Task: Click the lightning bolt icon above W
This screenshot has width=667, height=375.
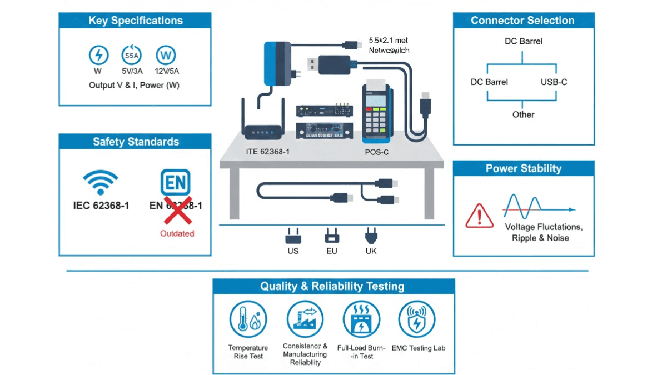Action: pos(98,55)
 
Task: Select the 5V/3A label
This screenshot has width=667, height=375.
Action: pos(131,71)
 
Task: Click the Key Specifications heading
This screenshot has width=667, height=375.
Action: pos(135,21)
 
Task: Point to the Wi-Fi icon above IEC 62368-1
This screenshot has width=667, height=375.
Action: pos(101,183)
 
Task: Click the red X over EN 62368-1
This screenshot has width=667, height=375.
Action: pos(175,208)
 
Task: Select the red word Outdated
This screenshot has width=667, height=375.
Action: pos(177,233)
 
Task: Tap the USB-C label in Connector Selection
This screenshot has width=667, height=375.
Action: pos(554,82)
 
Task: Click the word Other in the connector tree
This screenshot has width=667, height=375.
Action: pos(523,114)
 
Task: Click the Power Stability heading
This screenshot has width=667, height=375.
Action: pos(523,169)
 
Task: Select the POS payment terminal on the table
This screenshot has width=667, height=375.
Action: pos(376,111)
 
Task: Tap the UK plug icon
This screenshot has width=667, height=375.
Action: pos(371,238)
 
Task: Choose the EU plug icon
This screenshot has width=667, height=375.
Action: pos(332,238)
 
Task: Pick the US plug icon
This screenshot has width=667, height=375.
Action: pos(293,238)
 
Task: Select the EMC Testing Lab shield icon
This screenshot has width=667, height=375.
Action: pos(417,321)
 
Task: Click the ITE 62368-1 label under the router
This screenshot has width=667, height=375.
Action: pos(268,152)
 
